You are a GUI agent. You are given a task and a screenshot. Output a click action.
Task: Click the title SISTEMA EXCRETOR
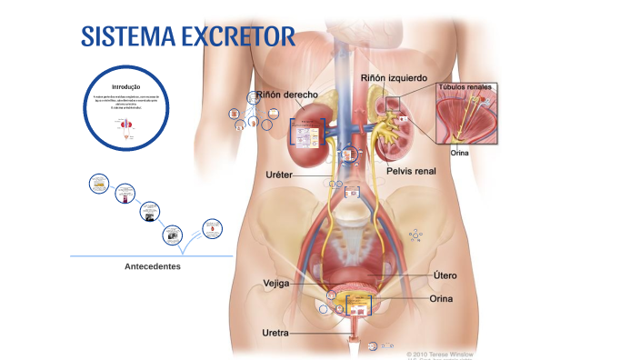click(x=188, y=37)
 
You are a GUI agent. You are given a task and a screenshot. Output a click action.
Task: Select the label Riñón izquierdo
click(x=394, y=78)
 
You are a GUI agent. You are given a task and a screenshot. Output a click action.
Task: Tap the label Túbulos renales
click(x=465, y=88)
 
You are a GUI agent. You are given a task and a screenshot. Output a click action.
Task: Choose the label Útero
click(x=445, y=275)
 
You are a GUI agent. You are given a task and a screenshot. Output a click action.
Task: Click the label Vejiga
click(x=275, y=284)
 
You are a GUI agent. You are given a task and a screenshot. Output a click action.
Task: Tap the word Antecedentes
click(x=153, y=266)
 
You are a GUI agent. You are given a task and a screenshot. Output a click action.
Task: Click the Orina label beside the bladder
click(x=441, y=298)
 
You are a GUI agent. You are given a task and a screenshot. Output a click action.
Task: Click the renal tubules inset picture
click(x=466, y=116)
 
